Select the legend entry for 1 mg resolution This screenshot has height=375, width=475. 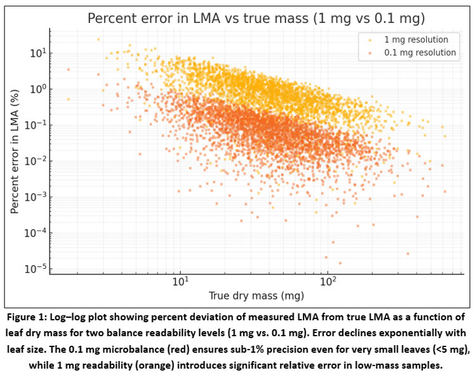click(420, 39)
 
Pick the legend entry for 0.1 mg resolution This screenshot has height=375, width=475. click(420, 53)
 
